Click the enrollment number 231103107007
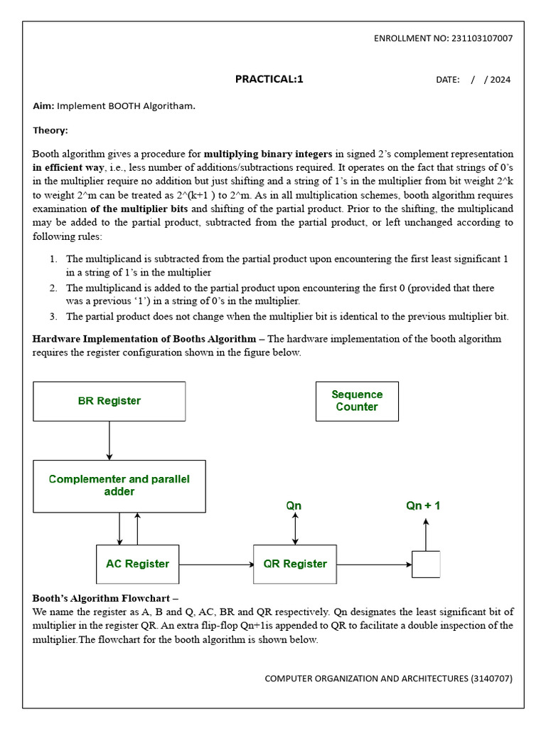click(481, 38)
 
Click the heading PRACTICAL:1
click(269, 79)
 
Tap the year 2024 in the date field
click(500, 80)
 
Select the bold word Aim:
click(43, 106)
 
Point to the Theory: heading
click(50, 130)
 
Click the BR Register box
click(109, 401)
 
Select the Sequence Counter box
click(357, 401)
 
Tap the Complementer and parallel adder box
click(119, 486)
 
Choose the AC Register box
click(138, 564)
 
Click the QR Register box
click(295, 564)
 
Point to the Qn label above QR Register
click(294, 505)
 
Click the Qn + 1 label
click(423, 505)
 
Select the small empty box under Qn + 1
click(426, 564)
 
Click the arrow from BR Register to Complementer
click(109, 440)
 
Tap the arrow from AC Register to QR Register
click(216, 565)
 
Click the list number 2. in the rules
click(53, 288)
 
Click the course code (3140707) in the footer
click(491, 678)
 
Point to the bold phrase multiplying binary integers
click(268, 154)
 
